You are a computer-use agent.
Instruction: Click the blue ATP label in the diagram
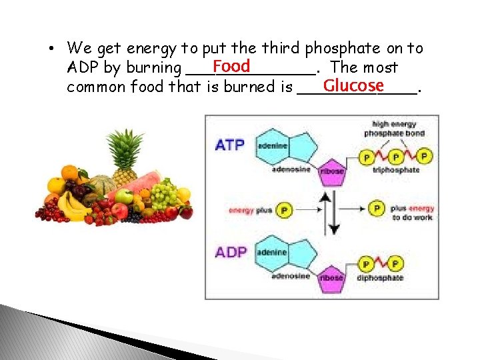(229, 144)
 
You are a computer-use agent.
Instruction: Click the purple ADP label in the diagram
(231, 253)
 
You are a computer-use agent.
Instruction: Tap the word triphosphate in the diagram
(396, 171)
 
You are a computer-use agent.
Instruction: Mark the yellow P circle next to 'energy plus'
(284, 210)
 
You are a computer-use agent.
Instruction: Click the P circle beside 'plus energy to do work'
(377, 209)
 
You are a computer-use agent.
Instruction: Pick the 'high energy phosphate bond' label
(394, 129)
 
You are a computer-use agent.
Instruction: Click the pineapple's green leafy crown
(125, 145)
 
